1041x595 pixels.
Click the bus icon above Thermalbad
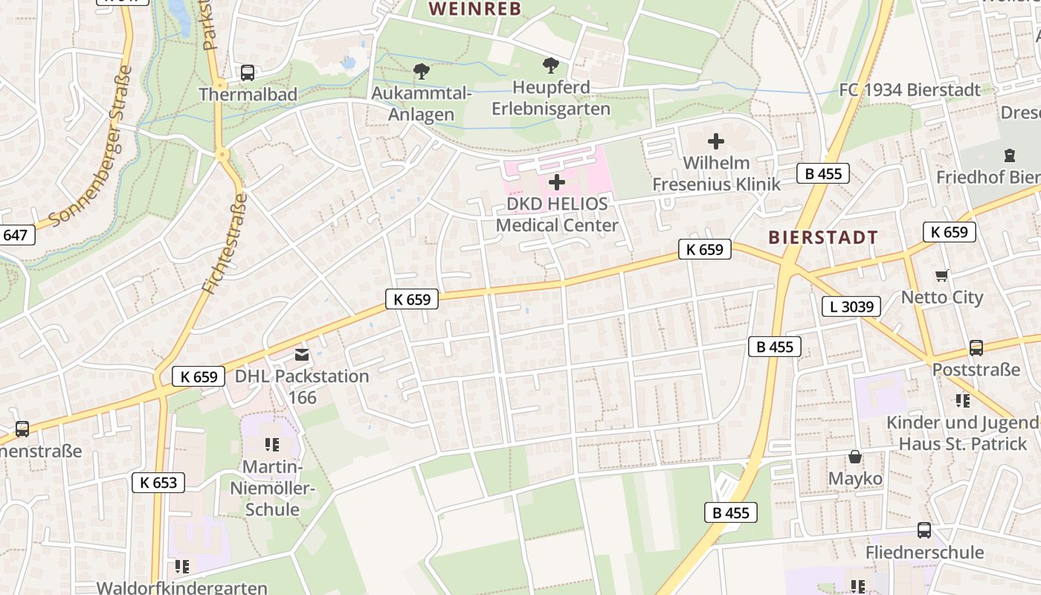click(248, 73)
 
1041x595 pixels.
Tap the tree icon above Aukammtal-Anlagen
click(422, 71)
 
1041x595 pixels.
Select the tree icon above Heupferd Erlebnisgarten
click(550, 65)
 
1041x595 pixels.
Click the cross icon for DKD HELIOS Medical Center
click(556, 182)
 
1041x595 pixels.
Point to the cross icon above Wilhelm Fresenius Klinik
click(716, 141)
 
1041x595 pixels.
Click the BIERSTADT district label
click(823, 237)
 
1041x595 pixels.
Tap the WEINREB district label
click(476, 9)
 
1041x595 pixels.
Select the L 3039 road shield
click(851, 306)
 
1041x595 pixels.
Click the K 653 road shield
click(158, 483)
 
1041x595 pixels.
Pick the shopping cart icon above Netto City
click(942, 276)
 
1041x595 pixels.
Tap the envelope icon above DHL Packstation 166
click(302, 355)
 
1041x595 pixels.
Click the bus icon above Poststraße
click(976, 348)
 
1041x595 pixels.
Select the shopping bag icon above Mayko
click(855, 457)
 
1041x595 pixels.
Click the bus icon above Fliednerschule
click(924, 530)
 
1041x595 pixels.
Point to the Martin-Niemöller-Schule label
click(272, 489)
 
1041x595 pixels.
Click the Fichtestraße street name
click(224, 243)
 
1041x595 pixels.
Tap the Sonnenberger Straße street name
click(91, 147)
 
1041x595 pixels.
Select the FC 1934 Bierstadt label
click(909, 90)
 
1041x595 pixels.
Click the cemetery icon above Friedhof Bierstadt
click(1009, 155)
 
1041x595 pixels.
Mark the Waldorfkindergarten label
click(182, 588)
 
